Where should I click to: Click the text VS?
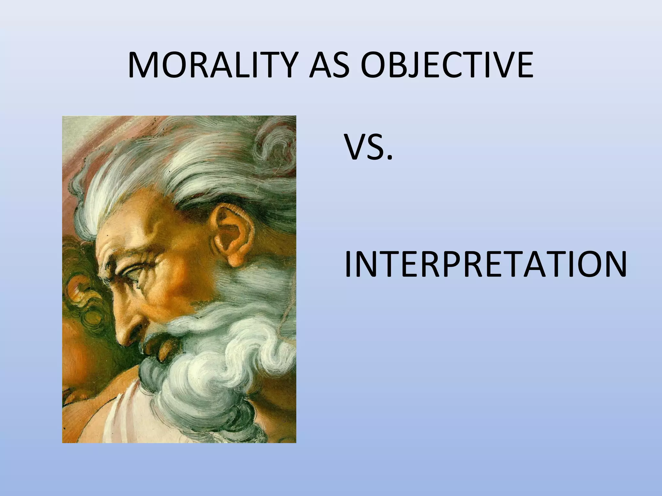point(368,148)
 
